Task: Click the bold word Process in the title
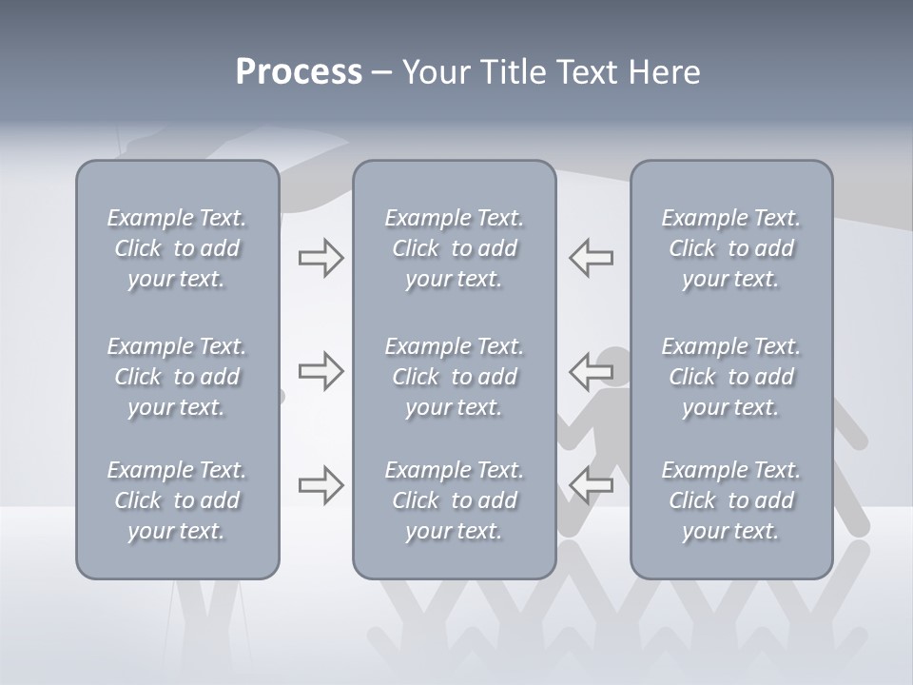(299, 72)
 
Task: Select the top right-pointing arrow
(321, 257)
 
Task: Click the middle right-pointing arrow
(321, 371)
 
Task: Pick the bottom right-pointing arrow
(321, 484)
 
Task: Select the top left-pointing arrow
(592, 257)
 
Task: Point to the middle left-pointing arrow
(592, 371)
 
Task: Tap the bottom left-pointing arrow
(592, 484)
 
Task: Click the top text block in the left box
(177, 248)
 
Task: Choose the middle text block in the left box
(177, 377)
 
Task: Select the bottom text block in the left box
(177, 500)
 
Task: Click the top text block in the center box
(454, 248)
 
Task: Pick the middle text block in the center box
(454, 377)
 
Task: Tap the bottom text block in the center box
(454, 500)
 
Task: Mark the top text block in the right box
(730, 248)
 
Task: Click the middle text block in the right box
(730, 377)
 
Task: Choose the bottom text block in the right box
(730, 500)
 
